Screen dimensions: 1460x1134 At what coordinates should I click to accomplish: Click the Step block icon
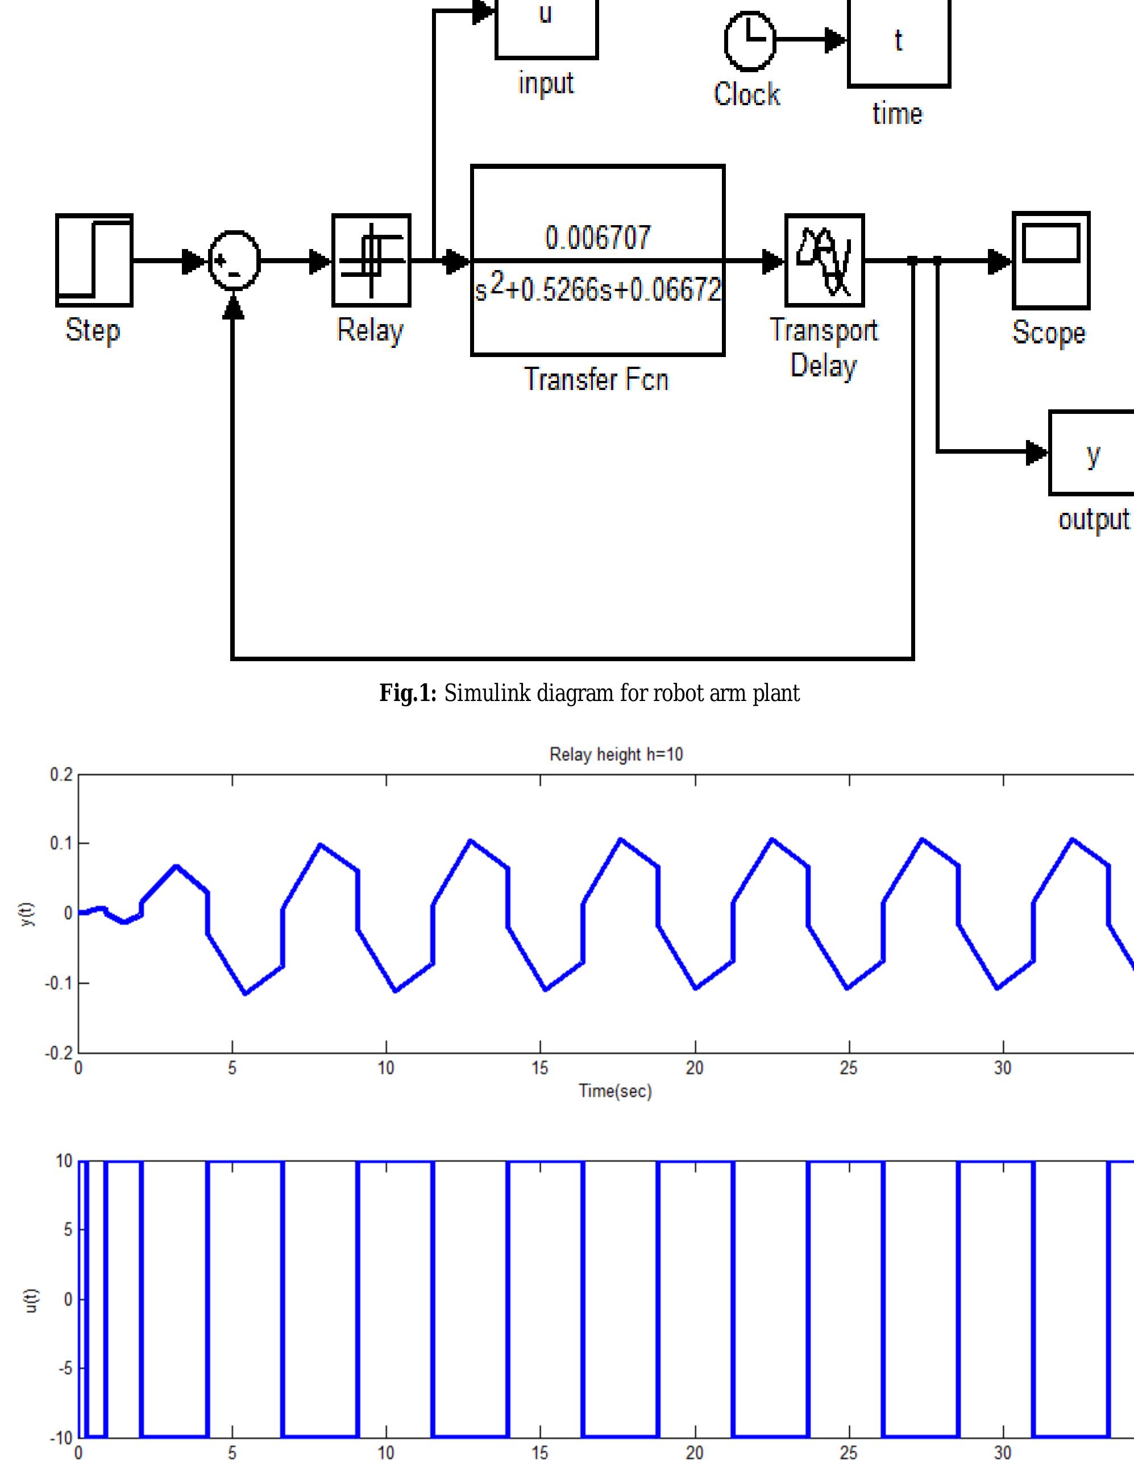click(x=94, y=261)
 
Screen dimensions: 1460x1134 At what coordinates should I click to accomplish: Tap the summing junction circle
click(x=234, y=261)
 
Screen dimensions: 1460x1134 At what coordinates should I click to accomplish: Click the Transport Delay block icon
click(x=824, y=261)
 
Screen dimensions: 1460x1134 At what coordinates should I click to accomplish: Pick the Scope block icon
click(x=1050, y=261)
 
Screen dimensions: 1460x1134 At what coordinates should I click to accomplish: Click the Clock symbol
click(x=750, y=41)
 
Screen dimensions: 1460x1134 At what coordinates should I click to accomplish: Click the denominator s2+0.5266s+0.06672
click(x=597, y=289)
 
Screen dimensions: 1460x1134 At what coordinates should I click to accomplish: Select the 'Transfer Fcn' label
click(x=595, y=380)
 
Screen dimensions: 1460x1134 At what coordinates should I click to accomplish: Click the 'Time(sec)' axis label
click(x=615, y=1091)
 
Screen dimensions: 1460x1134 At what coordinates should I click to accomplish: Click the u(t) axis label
click(x=31, y=1300)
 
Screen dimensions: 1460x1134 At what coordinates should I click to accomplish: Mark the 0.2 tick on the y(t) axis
click(x=61, y=775)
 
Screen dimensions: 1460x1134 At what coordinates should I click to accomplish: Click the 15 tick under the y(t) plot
click(x=539, y=1068)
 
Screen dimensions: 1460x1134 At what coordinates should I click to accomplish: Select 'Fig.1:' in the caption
click(x=408, y=693)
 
